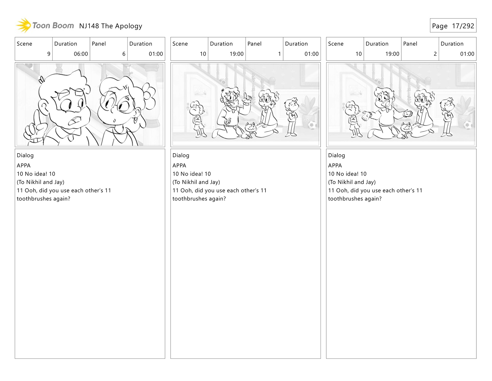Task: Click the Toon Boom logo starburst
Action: click(x=24, y=25)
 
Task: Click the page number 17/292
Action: click(x=463, y=26)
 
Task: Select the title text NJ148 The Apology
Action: click(x=111, y=26)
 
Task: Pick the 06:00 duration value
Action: click(x=81, y=54)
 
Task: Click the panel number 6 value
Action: click(x=124, y=54)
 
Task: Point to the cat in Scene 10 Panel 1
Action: click(x=250, y=130)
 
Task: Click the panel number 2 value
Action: click(x=435, y=54)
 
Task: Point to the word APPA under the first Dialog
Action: click(x=24, y=166)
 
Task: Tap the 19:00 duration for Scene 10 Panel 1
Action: click(x=237, y=54)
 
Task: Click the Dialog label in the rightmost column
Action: click(x=336, y=155)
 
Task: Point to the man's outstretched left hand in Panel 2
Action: click(x=408, y=113)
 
